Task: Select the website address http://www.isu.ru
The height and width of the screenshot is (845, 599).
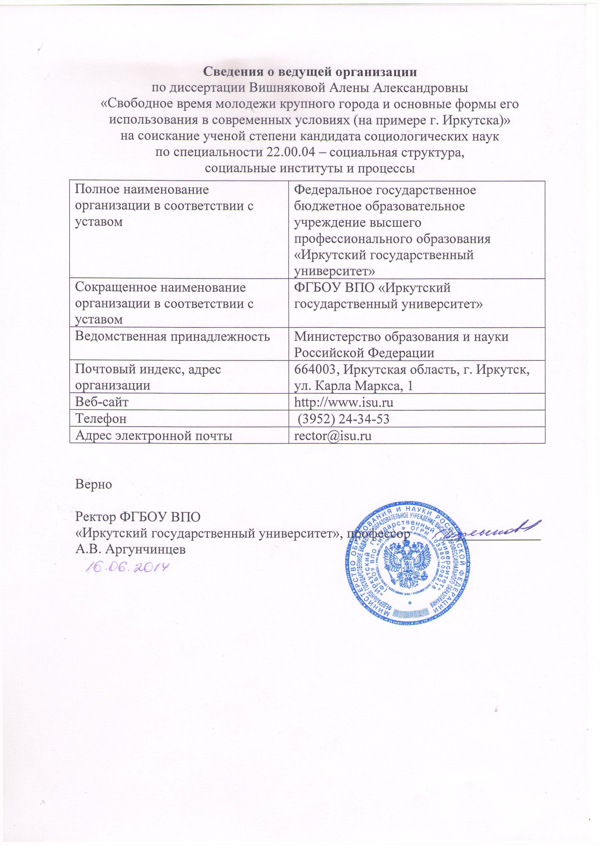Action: [x=343, y=402]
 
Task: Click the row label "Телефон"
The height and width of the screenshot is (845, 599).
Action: [x=101, y=419]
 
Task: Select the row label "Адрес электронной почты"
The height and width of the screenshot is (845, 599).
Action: [x=154, y=435]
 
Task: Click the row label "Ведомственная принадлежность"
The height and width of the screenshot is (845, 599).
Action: [x=172, y=337]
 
